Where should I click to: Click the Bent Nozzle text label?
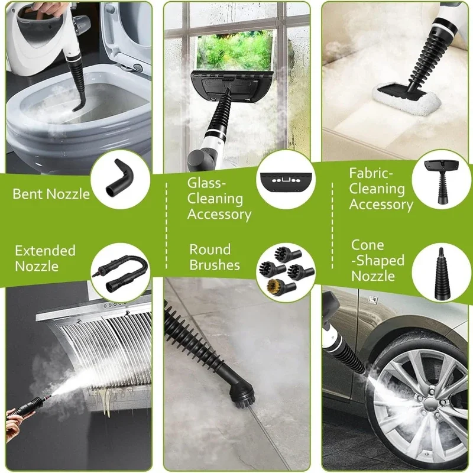click(x=51, y=194)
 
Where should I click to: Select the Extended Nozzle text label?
click(x=46, y=258)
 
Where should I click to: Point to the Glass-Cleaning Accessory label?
click(x=219, y=199)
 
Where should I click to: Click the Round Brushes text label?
click(x=215, y=257)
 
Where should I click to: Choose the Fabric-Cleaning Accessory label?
click(x=381, y=189)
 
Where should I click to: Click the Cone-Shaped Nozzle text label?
click(x=378, y=261)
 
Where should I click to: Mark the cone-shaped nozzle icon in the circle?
click(x=442, y=272)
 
